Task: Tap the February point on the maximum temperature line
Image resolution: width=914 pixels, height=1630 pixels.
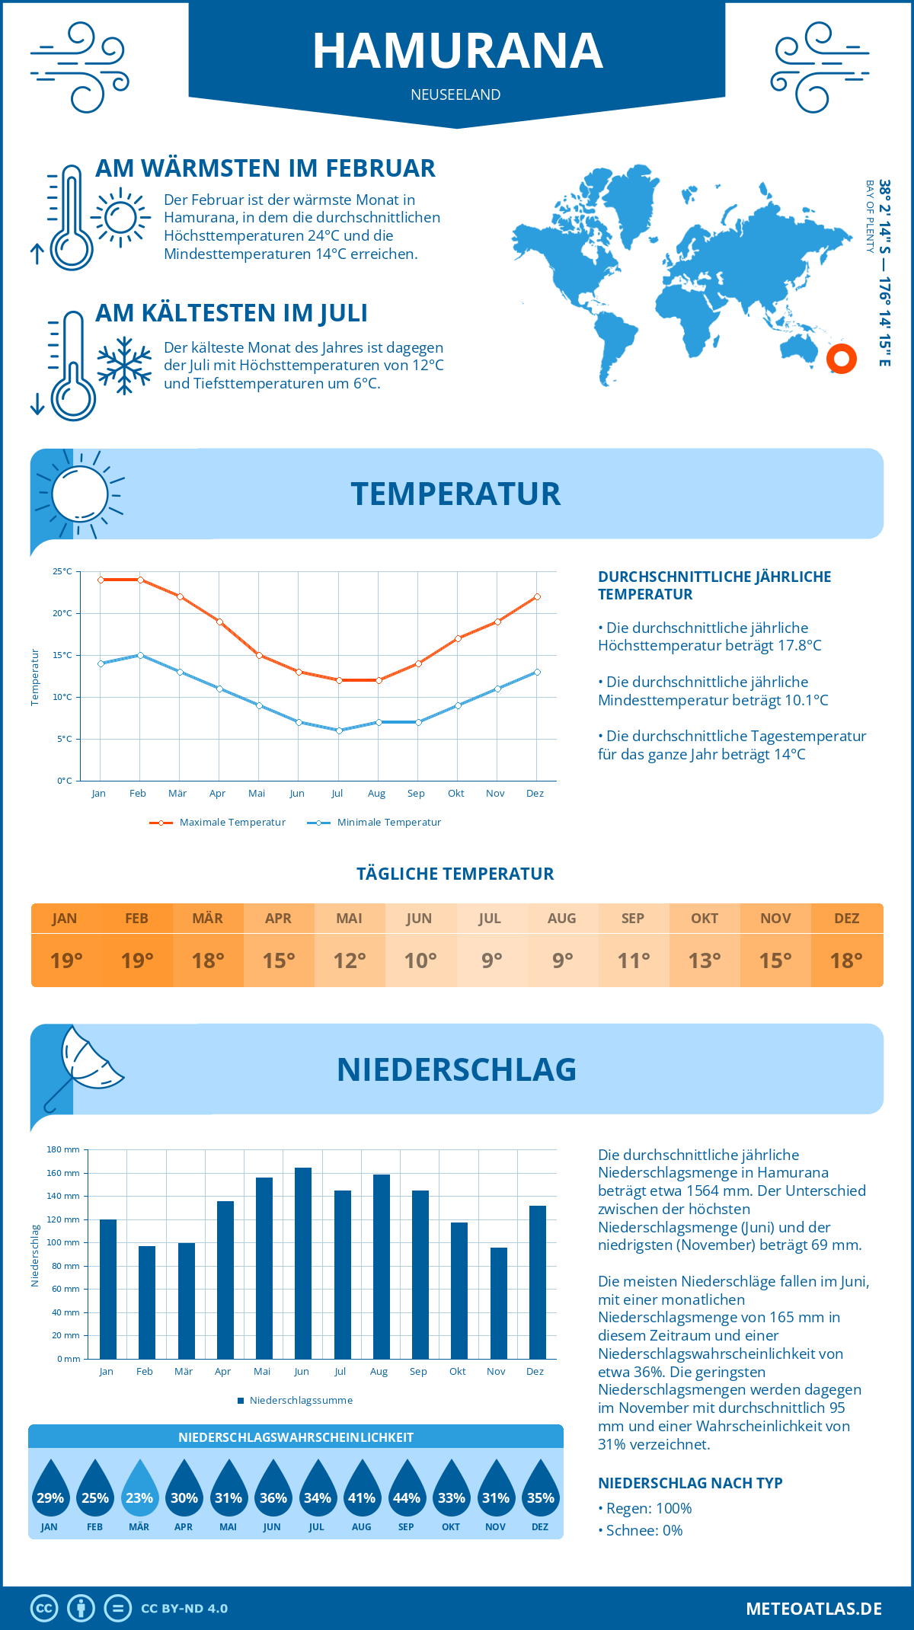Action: (140, 580)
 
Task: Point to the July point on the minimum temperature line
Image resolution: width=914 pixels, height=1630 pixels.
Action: (340, 730)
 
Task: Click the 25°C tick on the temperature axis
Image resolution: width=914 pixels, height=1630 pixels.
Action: (62, 571)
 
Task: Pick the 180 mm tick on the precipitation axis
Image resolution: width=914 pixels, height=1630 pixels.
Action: (64, 1149)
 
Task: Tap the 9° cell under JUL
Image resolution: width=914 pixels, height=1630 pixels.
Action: (491, 960)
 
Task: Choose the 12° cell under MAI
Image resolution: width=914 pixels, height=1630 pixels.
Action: (350, 960)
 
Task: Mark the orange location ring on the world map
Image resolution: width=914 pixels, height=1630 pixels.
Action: (842, 359)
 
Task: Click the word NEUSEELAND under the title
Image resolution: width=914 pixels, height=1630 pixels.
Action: (455, 94)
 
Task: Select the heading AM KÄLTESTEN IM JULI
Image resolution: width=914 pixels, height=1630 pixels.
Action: (232, 313)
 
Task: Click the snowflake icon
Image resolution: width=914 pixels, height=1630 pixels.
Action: (124, 366)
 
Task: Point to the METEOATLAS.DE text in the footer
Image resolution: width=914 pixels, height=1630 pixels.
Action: (813, 1609)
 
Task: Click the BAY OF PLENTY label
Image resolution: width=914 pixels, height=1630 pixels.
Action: (870, 216)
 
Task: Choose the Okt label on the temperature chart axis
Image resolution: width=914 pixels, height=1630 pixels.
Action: (456, 793)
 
